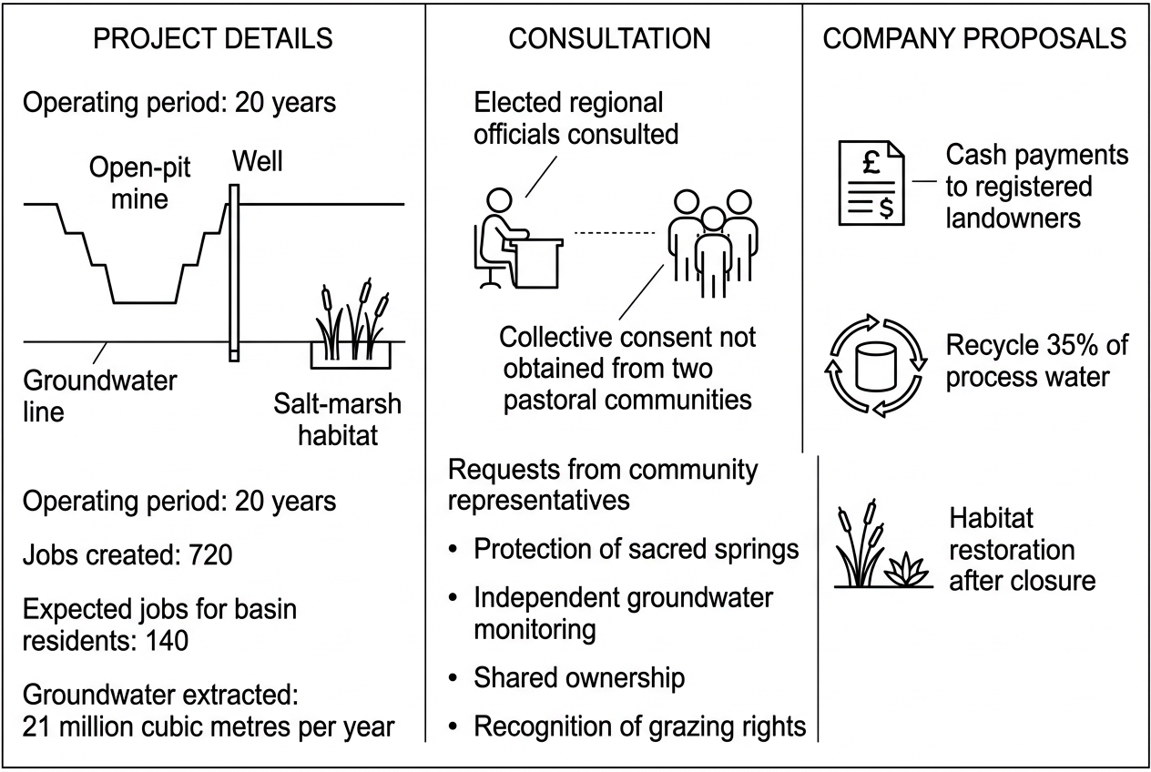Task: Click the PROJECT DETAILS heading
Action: click(213, 38)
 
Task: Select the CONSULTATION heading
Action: click(609, 38)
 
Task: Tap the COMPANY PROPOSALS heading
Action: click(974, 38)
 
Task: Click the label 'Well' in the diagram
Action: click(257, 161)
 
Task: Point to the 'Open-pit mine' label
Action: click(139, 183)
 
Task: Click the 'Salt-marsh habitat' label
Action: click(338, 419)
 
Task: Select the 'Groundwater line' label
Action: click(100, 396)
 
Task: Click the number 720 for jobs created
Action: click(210, 554)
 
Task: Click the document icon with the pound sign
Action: click(871, 183)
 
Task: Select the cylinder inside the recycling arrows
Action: click(876, 366)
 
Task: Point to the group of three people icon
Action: click(713, 243)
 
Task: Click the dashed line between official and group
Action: click(615, 233)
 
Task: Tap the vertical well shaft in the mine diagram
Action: click(234, 273)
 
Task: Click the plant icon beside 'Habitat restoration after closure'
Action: click(883, 543)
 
